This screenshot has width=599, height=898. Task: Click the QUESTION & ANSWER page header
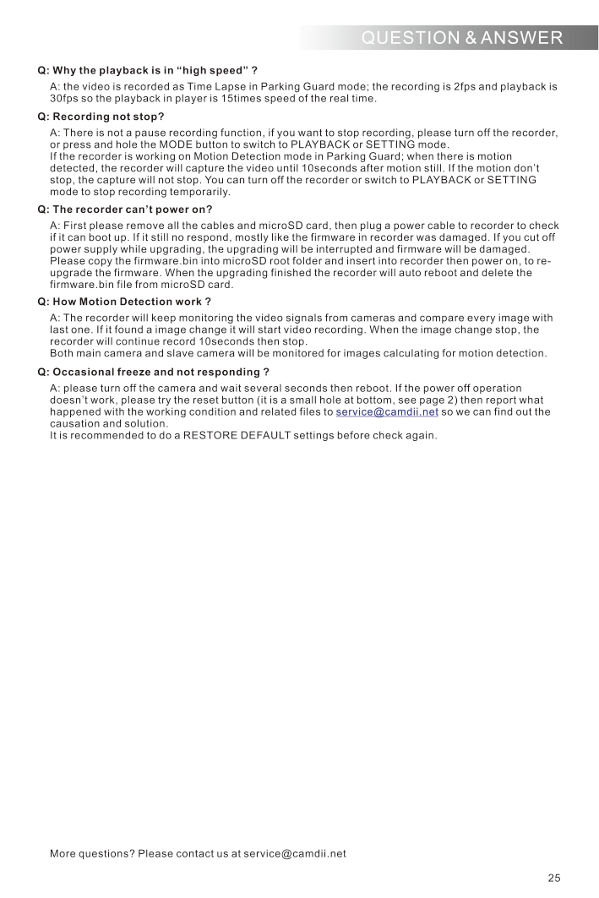point(460,37)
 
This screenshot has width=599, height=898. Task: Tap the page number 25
point(553,878)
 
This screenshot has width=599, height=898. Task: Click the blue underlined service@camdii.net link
point(387,412)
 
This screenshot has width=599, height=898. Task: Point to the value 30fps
point(65,99)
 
